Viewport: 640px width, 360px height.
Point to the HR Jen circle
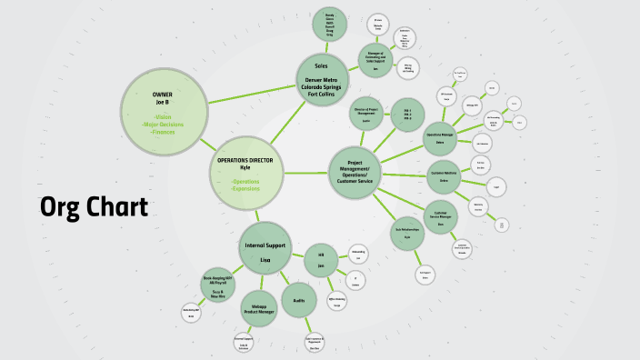tap(321, 261)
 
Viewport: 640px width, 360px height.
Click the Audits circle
tap(299, 299)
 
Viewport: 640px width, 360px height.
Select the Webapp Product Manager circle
tap(259, 308)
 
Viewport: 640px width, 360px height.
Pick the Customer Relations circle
tap(444, 176)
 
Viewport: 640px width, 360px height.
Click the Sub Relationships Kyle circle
tap(407, 233)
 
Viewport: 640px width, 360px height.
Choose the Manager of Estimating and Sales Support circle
tap(375, 61)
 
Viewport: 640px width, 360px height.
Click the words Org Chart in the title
tap(94, 208)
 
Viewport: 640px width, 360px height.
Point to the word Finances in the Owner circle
tap(164, 132)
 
